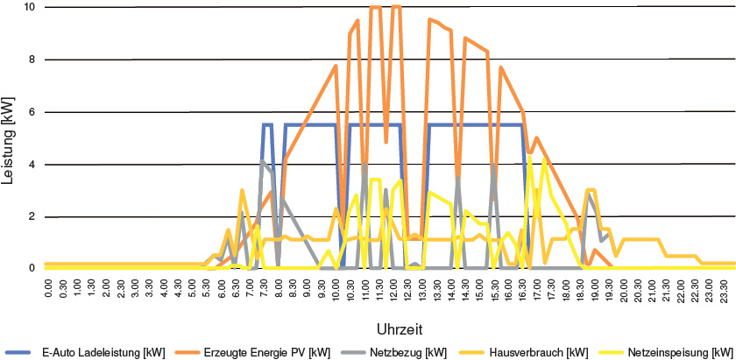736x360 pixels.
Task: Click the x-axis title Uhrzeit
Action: click(400, 328)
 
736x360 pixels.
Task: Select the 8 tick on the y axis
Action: click(32, 60)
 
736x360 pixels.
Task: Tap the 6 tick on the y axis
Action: click(32, 112)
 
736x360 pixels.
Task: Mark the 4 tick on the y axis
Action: click(32, 165)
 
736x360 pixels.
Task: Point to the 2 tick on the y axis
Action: click(32, 216)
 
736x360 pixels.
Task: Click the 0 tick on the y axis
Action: click(32, 268)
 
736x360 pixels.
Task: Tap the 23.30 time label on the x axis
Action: click(725, 289)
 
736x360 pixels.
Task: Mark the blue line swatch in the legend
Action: click(20, 352)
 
